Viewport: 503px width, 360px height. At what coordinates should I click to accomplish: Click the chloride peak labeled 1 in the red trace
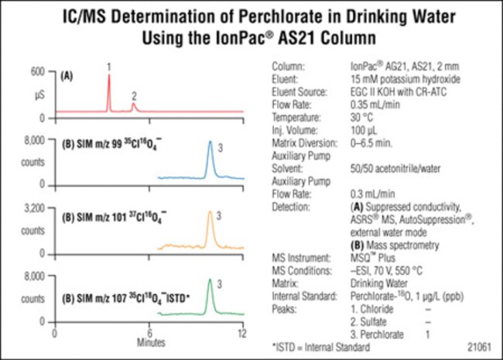pos(108,77)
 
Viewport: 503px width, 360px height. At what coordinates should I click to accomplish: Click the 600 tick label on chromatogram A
pos(39,71)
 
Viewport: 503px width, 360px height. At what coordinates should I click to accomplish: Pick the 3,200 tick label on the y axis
pos(34,208)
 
